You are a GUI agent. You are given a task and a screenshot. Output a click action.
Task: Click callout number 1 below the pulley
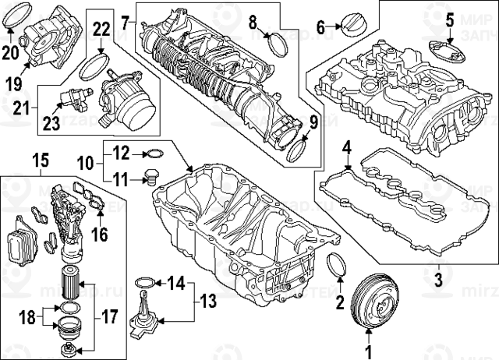(x=370, y=341)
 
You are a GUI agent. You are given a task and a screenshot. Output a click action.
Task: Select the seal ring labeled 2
(x=337, y=264)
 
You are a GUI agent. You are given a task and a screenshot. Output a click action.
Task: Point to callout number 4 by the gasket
(x=449, y=17)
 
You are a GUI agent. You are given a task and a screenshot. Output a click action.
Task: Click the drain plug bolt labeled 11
(x=154, y=153)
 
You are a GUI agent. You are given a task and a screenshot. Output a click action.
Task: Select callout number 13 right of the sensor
(x=144, y=281)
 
